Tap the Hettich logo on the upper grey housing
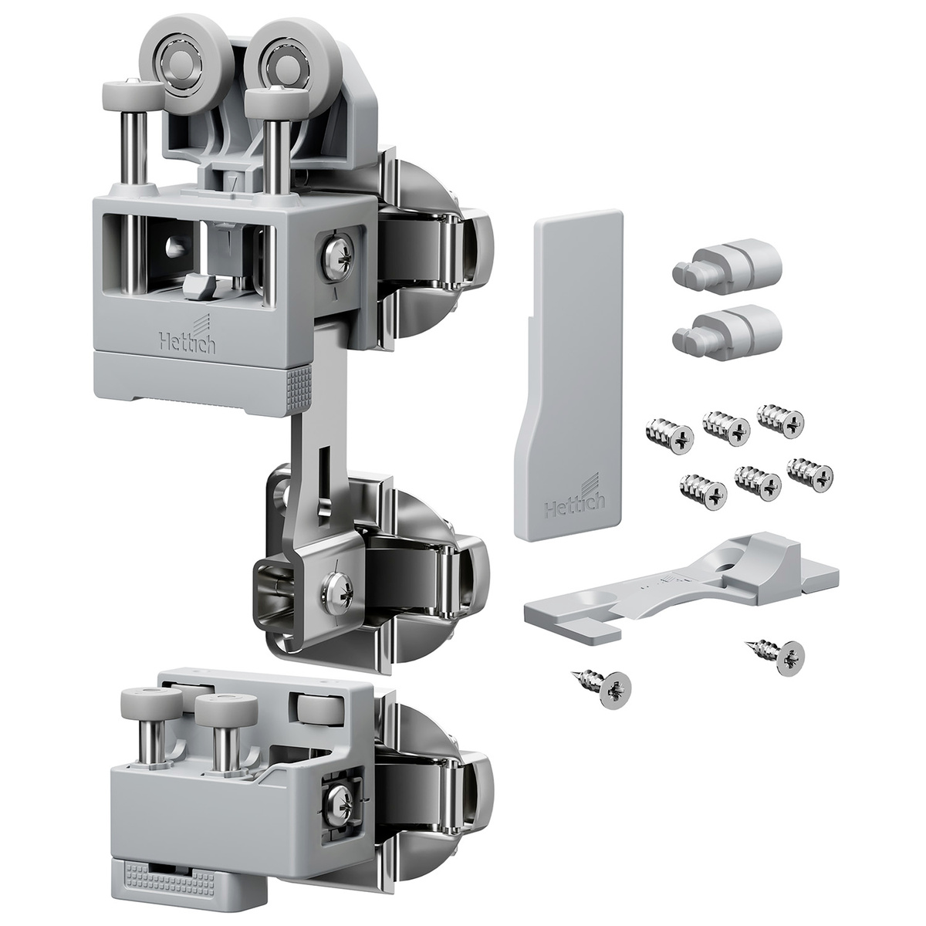coord(188,339)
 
